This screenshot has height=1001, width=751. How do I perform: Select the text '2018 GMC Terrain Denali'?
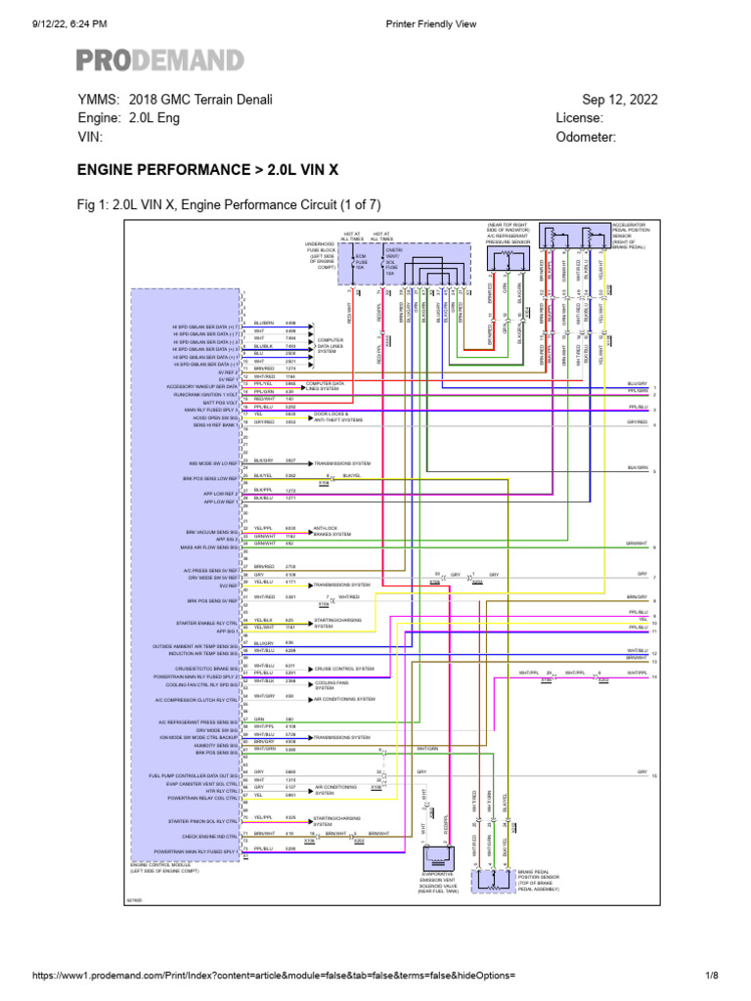click(x=200, y=100)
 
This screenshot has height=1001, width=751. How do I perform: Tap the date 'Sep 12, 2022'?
click(x=620, y=100)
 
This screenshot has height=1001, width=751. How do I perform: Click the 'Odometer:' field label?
click(x=586, y=138)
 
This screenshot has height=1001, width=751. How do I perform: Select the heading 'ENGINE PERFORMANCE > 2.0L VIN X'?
click(x=207, y=170)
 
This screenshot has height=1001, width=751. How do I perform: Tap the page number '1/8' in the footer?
click(x=712, y=977)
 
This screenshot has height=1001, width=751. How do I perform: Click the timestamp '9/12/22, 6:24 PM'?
click(x=56, y=22)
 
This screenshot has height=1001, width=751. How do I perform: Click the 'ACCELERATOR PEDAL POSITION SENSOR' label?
click(x=631, y=237)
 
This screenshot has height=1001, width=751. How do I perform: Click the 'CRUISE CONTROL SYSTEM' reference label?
click(x=344, y=671)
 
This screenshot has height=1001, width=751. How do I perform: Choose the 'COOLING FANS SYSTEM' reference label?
click(x=331, y=682)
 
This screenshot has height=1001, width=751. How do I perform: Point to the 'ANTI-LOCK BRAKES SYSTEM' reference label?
click(x=330, y=532)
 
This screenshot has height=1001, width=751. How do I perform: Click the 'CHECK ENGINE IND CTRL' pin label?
click(x=211, y=836)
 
